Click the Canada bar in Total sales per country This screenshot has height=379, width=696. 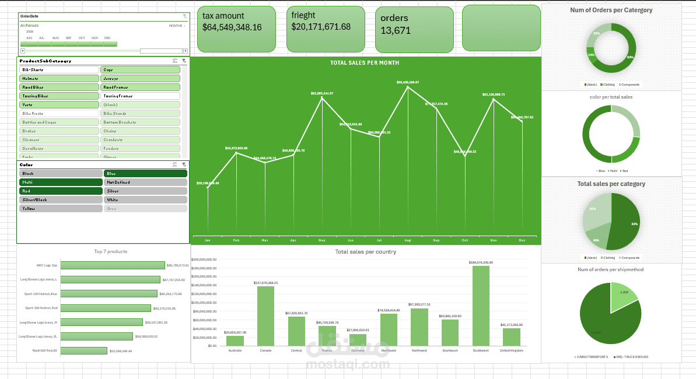(x=265, y=315)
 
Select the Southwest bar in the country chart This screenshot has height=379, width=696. (x=481, y=306)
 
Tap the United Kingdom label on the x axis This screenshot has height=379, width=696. (x=511, y=350)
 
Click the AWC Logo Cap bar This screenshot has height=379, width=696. (x=113, y=265)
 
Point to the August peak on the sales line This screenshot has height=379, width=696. (x=408, y=86)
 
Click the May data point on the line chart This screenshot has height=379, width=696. (x=322, y=97)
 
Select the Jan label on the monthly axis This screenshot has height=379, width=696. (x=208, y=240)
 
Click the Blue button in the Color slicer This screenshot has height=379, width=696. (x=145, y=174)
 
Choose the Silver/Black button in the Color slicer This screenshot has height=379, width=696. (x=61, y=199)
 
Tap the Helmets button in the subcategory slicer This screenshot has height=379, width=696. (x=59, y=78)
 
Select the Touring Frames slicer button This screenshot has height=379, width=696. (x=140, y=96)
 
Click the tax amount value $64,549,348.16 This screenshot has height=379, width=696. (x=232, y=27)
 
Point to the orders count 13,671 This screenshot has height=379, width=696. (x=396, y=30)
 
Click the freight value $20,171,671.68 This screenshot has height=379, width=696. (x=321, y=27)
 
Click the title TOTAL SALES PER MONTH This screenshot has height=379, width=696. (x=365, y=63)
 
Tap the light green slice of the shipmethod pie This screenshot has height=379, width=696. (x=622, y=295)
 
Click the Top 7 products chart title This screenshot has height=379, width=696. (x=110, y=252)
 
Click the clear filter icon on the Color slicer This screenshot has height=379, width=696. (x=184, y=165)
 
